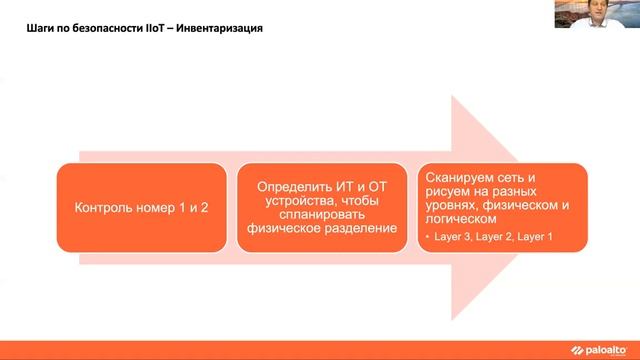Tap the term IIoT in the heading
150,28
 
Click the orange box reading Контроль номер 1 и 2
141,209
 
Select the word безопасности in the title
100,28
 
